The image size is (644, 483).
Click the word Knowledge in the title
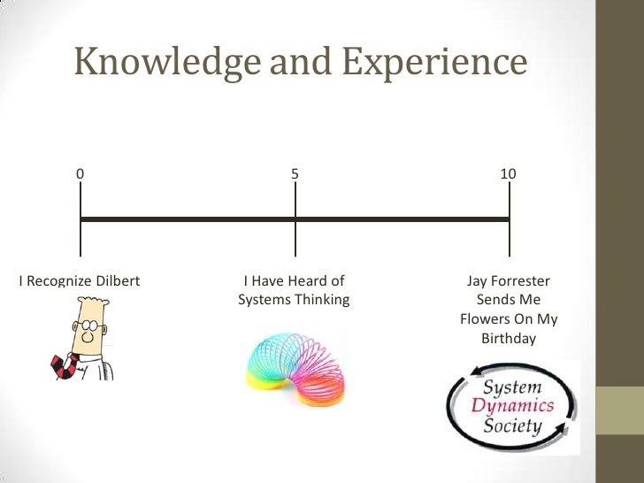coord(165,62)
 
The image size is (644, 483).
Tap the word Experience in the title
coord(434,62)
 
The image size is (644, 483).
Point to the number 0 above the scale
coord(80,174)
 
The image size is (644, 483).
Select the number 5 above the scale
coord(295,174)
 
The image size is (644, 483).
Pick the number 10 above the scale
coord(508,174)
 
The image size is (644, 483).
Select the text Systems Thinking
coord(294,300)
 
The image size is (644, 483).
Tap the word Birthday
coord(508,338)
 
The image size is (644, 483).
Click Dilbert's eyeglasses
coord(88,326)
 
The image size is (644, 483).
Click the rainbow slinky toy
coord(294,364)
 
